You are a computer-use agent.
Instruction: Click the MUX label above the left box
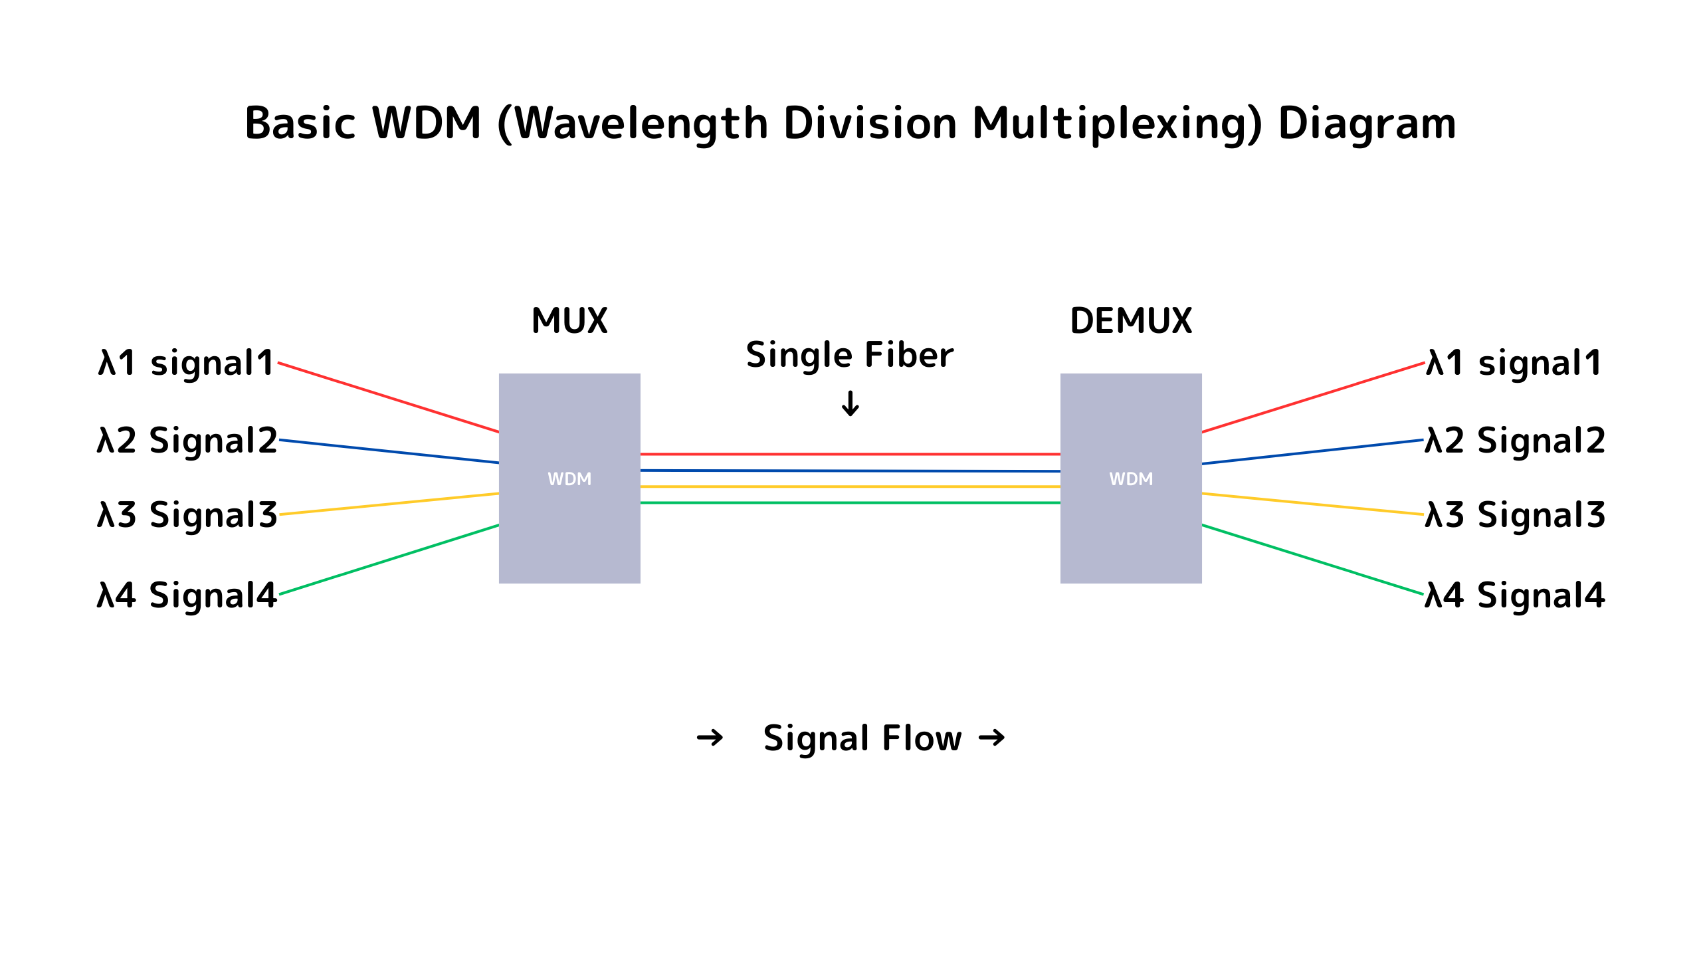[569, 321]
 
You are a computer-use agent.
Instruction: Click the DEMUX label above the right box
[1131, 321]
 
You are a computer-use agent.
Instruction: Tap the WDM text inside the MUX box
[569, 479]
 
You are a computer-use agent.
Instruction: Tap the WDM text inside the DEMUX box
[1131, 479]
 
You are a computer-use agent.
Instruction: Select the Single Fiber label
[850, 356]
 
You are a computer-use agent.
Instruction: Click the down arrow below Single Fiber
[850, 403]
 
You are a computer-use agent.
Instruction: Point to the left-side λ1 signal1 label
[186, 364]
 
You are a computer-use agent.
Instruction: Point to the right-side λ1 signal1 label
[1514, 364]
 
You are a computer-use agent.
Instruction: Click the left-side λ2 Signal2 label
[187, 441]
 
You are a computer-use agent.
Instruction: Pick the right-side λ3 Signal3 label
[1515, 515]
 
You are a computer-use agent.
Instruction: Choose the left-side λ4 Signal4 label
[187, 595]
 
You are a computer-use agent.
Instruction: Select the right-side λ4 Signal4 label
[1515, 595]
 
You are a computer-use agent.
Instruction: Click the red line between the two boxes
[850, 455]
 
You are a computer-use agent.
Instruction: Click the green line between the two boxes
[850, 503]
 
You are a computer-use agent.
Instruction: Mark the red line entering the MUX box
[389, 397]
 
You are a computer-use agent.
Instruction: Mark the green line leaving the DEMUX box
[1312, 560]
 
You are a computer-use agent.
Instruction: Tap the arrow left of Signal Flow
[710, 738]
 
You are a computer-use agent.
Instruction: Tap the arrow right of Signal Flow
[992, 738]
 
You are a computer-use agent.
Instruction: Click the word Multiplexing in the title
[1116, 124]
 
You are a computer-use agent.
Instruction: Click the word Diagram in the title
[1367, 124]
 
